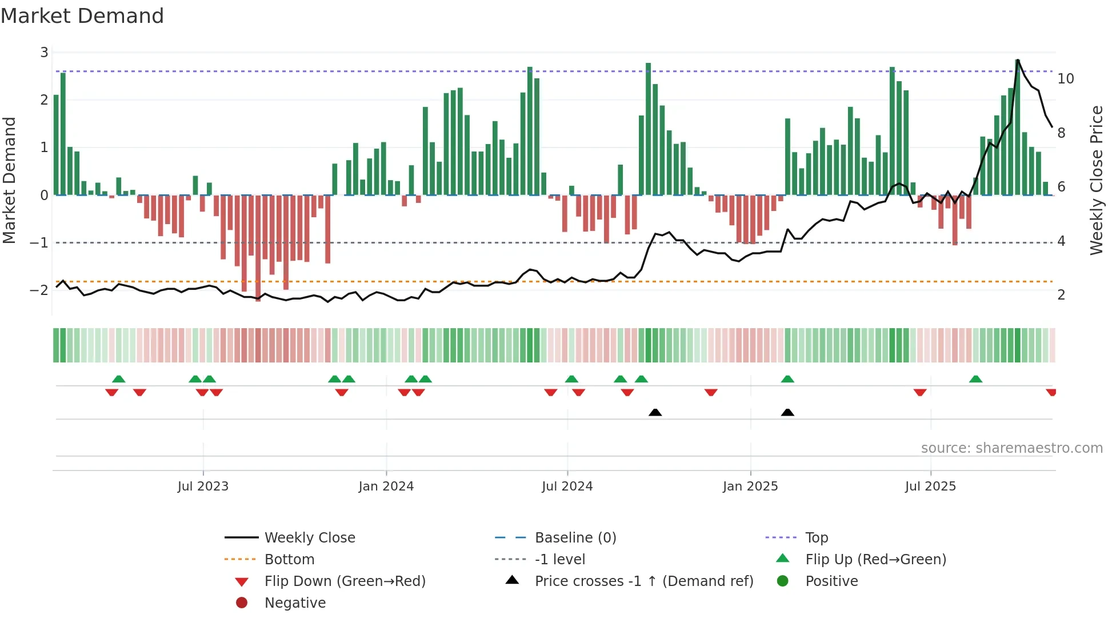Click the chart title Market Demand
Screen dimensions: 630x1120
pyautogui.click(x=82, y=16)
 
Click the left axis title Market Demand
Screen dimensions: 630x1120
pyautogui.click(x=10, y=181)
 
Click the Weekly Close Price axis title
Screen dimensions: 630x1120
pyautogui.click(x=1096, y=181)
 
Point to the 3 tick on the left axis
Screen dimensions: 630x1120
pyautogui.click(x=44, y=53)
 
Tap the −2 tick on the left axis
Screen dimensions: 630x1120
pyautogui.click(x=39, y=290)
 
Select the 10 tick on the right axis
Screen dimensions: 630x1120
pyautogui.click(x=1065, y=79)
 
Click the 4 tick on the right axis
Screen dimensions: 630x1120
pyautogui.click(x=1061, y=241)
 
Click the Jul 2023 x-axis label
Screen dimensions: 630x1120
pyautogui.click(x=203, y=487)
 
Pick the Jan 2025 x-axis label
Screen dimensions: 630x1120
pyautogui.click(x=750, y=487)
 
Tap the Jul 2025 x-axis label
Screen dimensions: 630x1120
pyautogui.click(x=930, y=487)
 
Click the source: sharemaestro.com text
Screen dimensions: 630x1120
pyautogui.click(x=1011, y=448)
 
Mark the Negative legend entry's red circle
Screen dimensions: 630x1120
pyautogui.click(x=242, y=603)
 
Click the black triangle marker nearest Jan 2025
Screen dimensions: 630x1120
pyautogui.click(x=787, y=413)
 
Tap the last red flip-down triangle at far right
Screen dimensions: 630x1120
pyautogui.click(x=1051, y=392)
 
